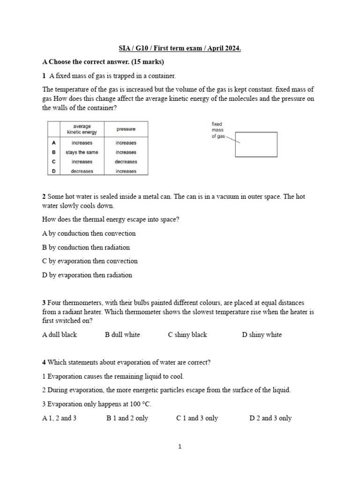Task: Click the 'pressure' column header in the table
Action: pos(126,129)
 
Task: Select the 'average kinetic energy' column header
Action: pos(82,129)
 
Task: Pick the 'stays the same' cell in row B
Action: pos(82,152)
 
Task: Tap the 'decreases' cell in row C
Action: pos(126,162)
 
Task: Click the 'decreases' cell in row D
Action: pos(82,171)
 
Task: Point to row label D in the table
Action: pos(54,171)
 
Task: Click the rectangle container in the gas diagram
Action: pos(256,144)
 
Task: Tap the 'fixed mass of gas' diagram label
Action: pos(217,130)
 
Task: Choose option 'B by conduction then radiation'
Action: pos(86,247)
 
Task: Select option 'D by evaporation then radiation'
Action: pos(87,275)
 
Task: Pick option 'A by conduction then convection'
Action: pos(89,233)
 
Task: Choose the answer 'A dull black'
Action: pos(60,335)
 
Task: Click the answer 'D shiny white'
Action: pos(262,335)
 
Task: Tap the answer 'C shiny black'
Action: pos(187,335)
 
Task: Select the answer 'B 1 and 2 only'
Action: pos(127,418)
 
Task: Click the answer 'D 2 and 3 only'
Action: pos(270,418)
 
